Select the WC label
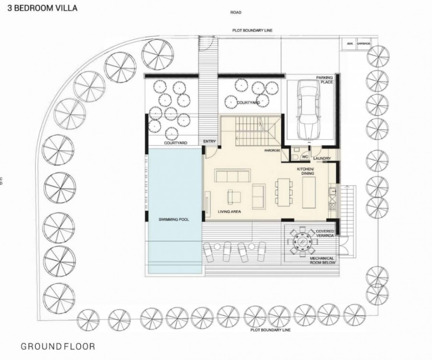(x=304, y=156)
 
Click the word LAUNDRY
(x=321, y=158)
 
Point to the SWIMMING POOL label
(x=173, y=219)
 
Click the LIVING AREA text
(x=229, y=211)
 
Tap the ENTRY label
(x=209, y=142)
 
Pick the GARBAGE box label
(x=363, y=44)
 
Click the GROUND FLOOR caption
(x=58, y=346)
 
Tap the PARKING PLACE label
(x=324, y=80)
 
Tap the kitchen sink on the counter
(x=331, y=192)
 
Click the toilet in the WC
(x=294, y=156)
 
